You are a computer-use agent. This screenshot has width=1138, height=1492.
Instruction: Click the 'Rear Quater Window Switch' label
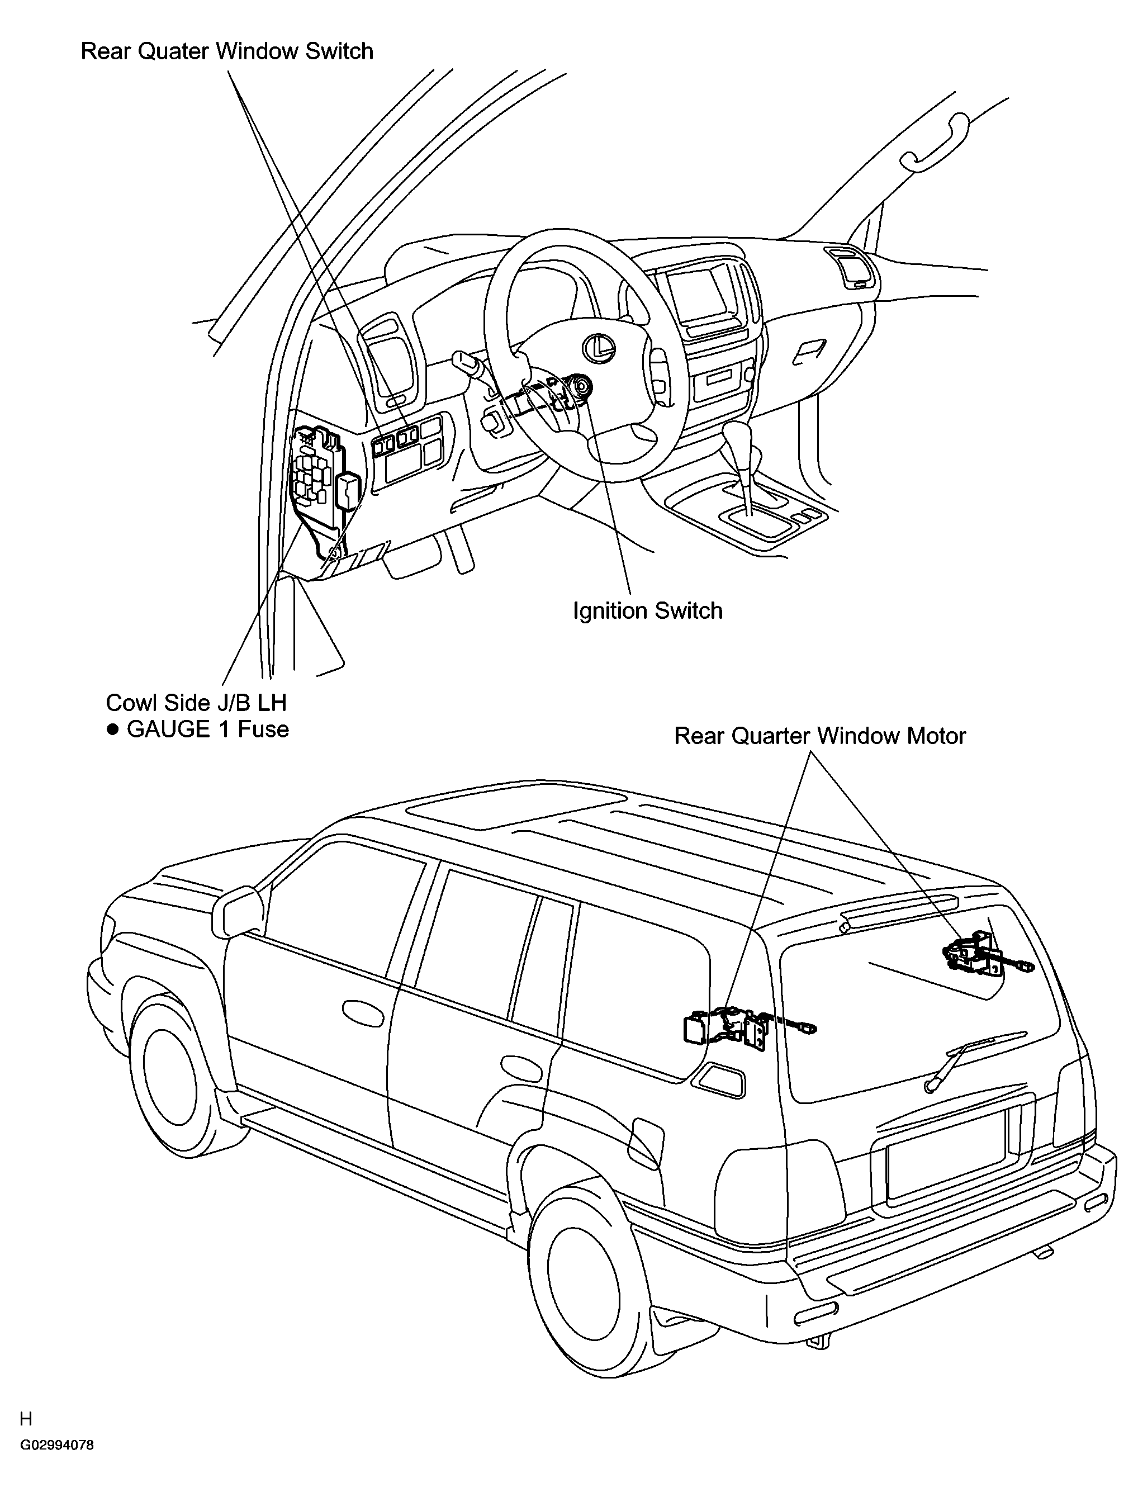pos(227,51)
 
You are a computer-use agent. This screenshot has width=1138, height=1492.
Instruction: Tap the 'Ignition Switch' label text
pos(648,611)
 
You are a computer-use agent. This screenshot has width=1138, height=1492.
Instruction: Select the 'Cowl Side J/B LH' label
pos(196,703)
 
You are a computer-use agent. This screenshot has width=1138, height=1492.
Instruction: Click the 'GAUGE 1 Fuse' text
pos(208,729)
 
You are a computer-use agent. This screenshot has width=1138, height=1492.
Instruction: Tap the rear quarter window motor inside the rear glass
pos(975,955)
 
